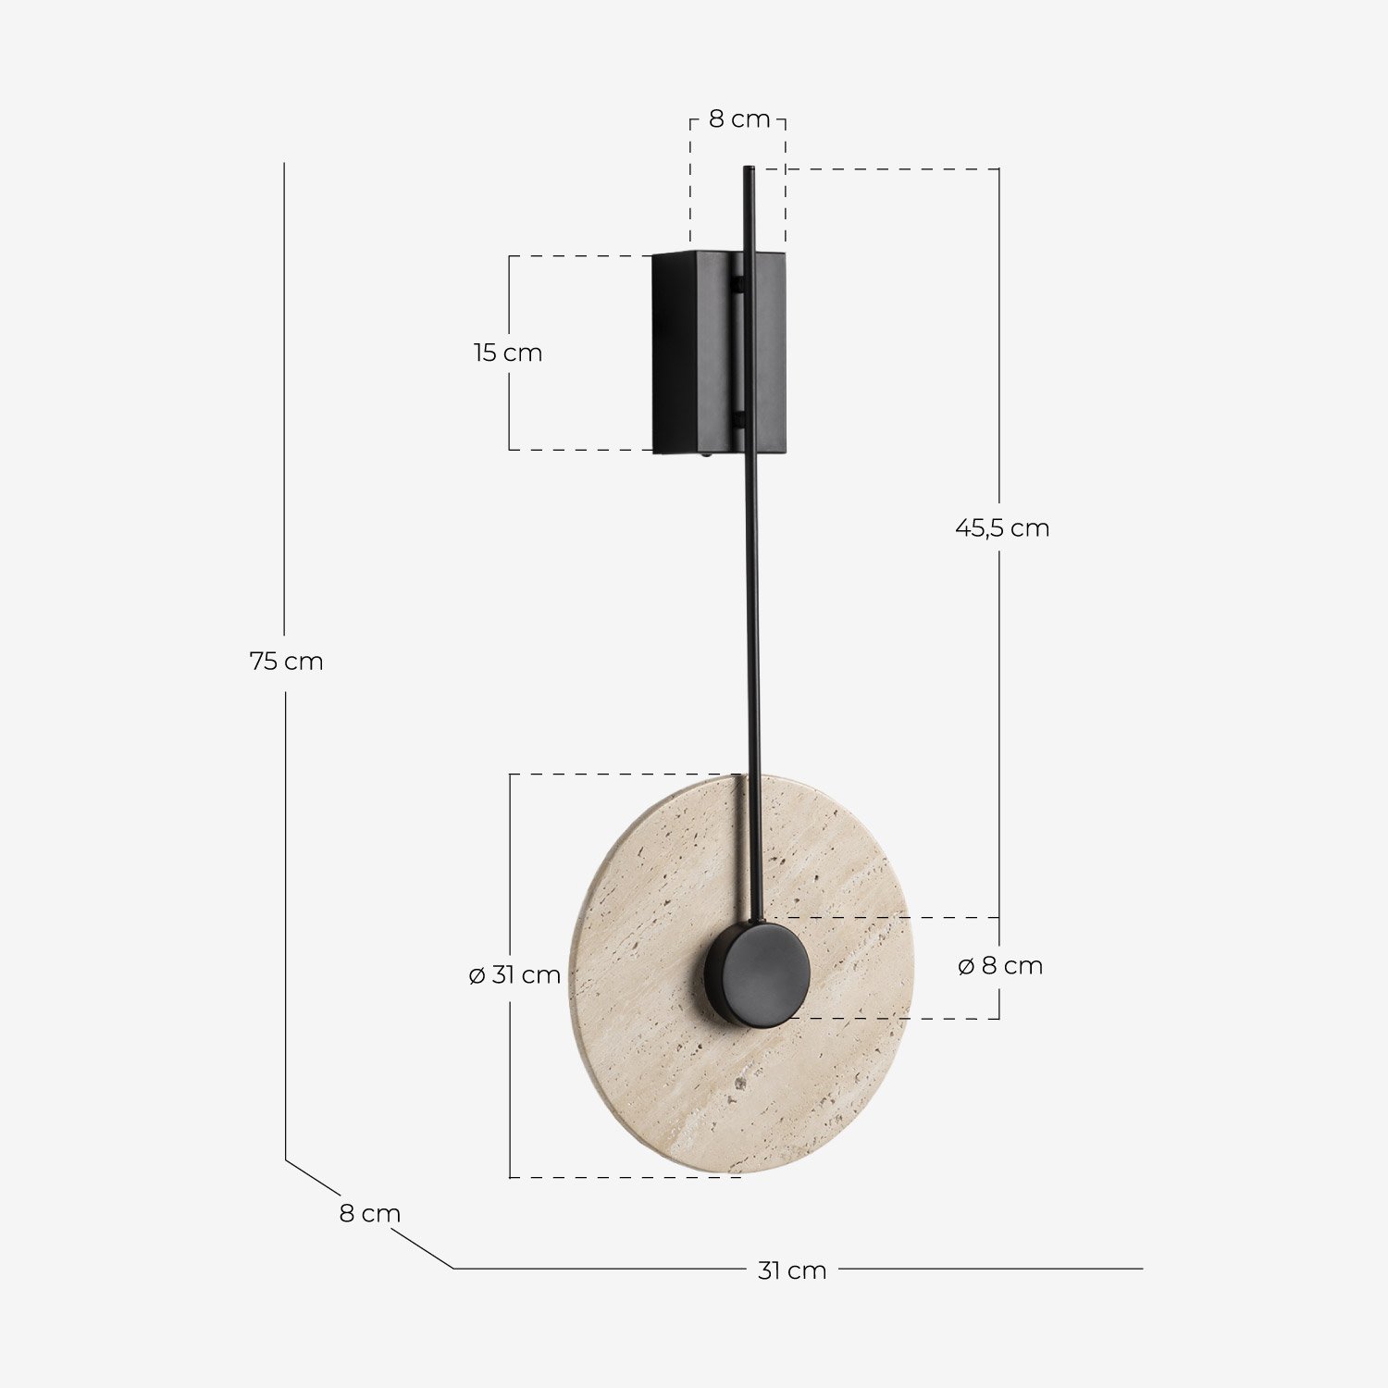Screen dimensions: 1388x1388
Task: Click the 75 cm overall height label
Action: point(286,662)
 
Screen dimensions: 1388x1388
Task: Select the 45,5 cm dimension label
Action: point(1002,528)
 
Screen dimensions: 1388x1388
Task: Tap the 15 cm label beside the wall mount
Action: point(508,353)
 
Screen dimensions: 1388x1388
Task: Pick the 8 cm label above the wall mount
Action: point(738,119)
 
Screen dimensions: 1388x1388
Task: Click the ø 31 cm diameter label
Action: point(514,975)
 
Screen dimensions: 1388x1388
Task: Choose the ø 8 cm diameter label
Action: point(999,966)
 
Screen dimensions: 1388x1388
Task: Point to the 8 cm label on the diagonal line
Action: point(369,1214)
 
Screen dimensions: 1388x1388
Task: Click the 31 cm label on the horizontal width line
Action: point(792,1270)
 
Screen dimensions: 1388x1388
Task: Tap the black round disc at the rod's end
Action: point(758,973)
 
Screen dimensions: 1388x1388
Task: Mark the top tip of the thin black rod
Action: point(749,169)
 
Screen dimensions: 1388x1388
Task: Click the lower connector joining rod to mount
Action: point(738,421)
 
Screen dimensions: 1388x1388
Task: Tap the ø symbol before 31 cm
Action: point(477,975)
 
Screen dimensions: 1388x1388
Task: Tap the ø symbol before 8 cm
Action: point(966,966)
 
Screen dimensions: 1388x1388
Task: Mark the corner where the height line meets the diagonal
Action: point(285,1159)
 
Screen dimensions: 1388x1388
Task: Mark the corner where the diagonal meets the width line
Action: point(453,1269)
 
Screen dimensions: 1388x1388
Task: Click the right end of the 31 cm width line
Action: point(1142,1269)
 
